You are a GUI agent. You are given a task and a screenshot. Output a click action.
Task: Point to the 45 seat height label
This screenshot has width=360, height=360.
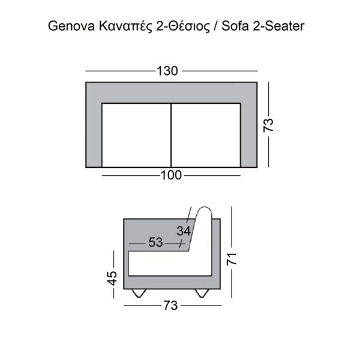(112, 278)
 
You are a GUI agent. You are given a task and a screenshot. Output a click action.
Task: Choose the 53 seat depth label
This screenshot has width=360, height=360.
(155, 243)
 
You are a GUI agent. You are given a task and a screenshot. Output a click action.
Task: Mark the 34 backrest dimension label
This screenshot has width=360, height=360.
(184, 230)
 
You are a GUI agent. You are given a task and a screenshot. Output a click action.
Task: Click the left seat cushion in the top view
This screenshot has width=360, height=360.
(136, 135)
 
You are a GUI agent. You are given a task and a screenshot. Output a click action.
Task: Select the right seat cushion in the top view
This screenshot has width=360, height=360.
(206, 135)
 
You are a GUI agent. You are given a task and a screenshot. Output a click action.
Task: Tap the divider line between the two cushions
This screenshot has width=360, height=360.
(172, 135)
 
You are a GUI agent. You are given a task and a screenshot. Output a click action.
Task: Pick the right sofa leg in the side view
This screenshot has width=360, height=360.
(202, 293)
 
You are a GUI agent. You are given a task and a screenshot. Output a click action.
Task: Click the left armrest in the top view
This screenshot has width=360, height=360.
(94, 132)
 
